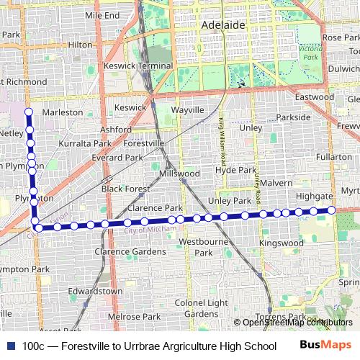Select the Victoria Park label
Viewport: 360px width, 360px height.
point(310,53)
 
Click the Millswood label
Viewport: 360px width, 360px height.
point(180,174)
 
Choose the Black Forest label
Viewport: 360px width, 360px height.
point(125,189)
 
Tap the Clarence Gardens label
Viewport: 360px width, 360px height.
point(130,252)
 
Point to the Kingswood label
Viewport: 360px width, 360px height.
point(282,243)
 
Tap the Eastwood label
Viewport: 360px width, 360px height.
point(315,96)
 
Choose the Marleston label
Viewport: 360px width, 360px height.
point(63,112)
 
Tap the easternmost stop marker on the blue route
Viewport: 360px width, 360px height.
point(331,210)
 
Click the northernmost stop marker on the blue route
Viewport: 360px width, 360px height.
point(30,112)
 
